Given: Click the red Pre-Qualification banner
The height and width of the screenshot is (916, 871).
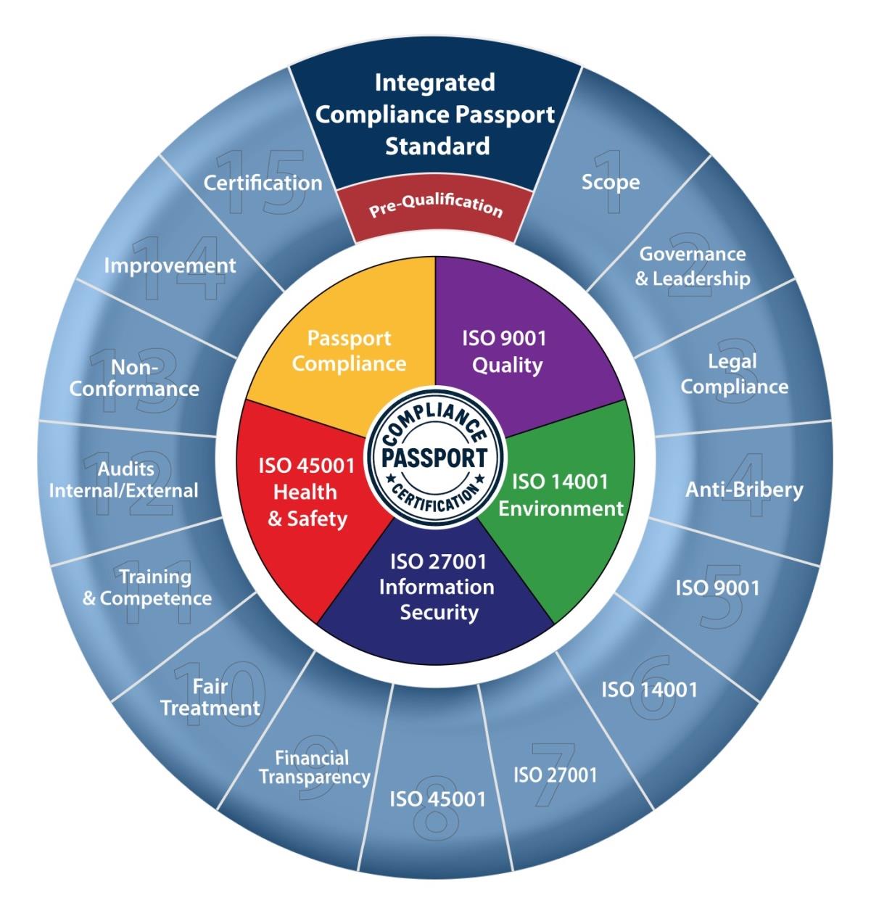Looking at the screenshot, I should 435,207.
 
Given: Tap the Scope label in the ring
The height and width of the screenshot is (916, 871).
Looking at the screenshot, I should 611,182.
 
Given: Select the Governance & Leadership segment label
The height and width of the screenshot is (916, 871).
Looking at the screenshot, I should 693,266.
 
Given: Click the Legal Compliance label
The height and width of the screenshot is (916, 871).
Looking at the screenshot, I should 734,374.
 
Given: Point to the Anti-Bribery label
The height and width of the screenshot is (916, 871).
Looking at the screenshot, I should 744,490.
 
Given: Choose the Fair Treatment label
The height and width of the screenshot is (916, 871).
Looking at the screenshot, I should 210,697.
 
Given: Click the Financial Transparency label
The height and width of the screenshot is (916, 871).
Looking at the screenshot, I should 314,768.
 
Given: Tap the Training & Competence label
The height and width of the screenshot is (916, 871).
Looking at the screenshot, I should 147,588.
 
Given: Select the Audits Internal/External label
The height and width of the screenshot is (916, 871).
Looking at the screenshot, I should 123,480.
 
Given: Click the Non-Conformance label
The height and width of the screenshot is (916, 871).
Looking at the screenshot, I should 134,379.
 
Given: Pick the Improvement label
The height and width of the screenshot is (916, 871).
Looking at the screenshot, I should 170,265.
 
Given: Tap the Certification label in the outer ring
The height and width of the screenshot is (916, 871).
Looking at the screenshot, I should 263,183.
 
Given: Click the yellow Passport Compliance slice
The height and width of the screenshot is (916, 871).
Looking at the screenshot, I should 350,351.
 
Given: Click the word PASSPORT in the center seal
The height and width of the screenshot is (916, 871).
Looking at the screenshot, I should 435,458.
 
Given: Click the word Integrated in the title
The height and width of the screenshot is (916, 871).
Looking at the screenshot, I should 434,83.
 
